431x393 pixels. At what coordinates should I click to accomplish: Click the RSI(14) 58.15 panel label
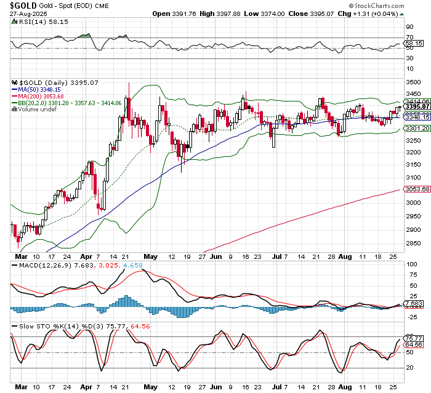point(36,22)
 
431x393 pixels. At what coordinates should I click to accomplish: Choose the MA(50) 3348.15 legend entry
point(41,89)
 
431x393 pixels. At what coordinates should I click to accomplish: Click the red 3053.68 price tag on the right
point(417,190)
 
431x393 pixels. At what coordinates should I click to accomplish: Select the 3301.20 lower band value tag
point(417,128)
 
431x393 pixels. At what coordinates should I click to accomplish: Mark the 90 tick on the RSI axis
point(408,27)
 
